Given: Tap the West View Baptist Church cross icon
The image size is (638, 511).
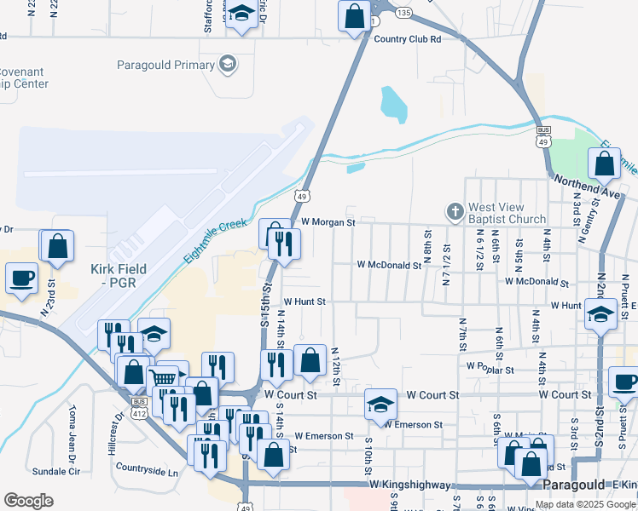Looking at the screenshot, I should (x=455, y=210).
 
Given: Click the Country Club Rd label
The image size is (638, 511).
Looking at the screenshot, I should (x=407, y=38).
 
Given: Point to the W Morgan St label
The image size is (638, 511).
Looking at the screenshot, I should (x=327, y=221).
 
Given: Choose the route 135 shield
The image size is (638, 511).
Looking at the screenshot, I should (x=403, y=13).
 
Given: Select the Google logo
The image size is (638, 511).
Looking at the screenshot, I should (x=28, y=500).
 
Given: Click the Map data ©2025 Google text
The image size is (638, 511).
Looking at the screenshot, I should (x=586, y=504).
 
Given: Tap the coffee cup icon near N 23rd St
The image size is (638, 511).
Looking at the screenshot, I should (x=22, y=276).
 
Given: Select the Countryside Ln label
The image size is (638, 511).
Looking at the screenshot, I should (x=147, y=470).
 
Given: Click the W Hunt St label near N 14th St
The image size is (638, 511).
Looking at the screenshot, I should (x=304, y=301).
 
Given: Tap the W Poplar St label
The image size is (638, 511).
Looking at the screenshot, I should (x=490, y=369).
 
